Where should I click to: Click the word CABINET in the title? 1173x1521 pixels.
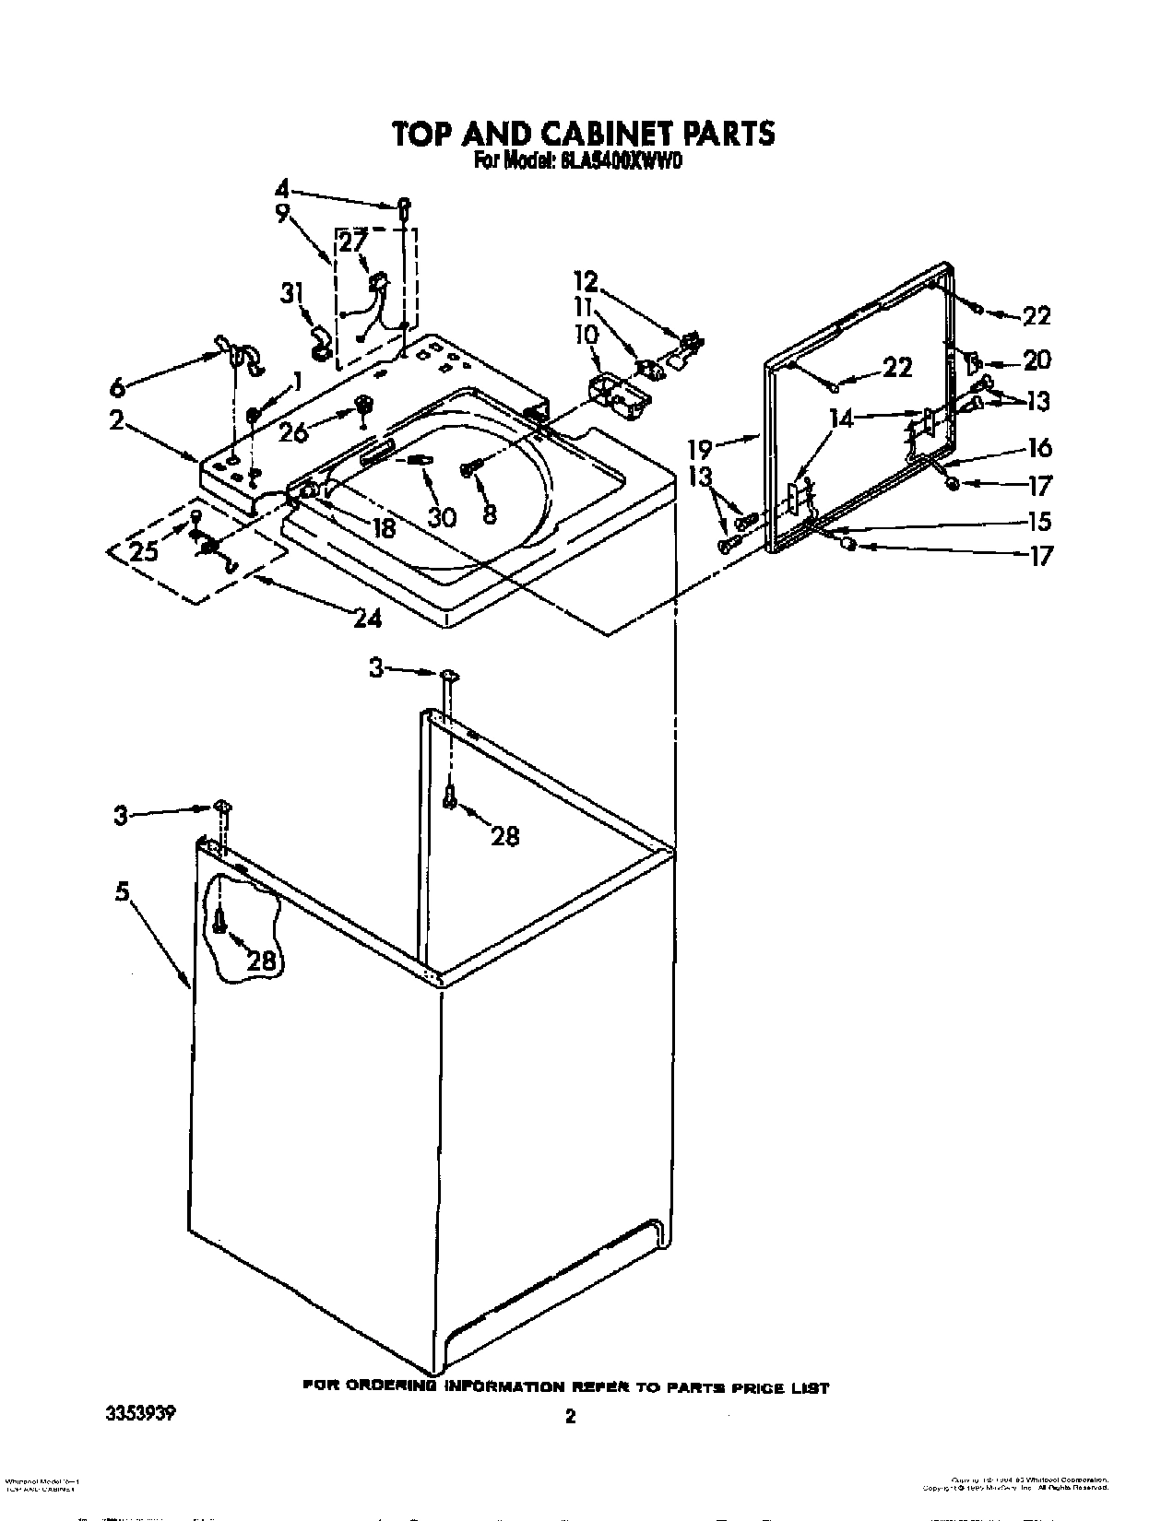[x=603, y=134]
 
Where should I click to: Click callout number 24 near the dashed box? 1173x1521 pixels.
[x=367, y=618]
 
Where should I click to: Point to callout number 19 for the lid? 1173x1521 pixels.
[x=702, y=450]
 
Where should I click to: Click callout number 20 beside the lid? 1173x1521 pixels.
[x=1037, y=360]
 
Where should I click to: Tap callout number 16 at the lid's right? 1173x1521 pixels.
[x=1039, y=448]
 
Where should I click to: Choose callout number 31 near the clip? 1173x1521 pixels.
[x=292, y=295]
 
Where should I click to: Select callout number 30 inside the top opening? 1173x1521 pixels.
[x=442, y=517]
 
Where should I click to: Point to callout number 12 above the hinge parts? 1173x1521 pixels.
[x=586, y=280]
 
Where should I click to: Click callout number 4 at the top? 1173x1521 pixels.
[x=282, y=190]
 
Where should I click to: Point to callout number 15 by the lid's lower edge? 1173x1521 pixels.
[x=1039, y=521]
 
